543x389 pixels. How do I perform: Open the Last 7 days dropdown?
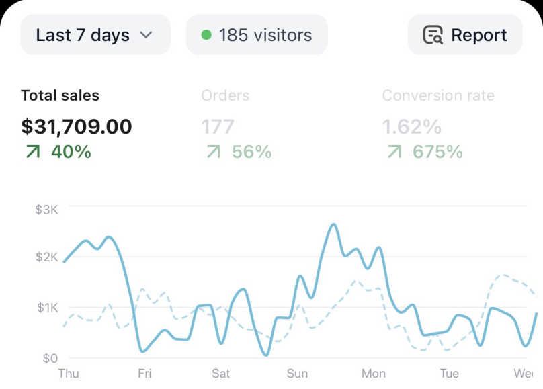pos(95,35)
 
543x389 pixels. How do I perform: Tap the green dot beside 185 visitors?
pos(206,35)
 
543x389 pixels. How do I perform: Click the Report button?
pos(465,35)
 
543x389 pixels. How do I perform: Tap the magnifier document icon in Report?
pos(433,35)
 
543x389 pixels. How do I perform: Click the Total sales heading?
pos(60,95)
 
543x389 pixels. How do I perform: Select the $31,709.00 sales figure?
pos(77,126)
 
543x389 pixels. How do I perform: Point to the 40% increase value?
pos(71,152)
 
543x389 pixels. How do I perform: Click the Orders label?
pos(225,95)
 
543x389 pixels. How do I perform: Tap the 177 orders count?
pos(218,126)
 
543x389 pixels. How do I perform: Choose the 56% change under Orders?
pos(252,152)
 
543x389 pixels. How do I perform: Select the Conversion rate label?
pos(438,95)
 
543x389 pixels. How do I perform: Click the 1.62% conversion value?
pos(412,126)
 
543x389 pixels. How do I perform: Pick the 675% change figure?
pos(437,152)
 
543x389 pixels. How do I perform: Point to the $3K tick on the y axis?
pos(47,210)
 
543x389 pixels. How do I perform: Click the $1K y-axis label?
pos(48,307)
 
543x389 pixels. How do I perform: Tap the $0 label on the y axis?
pos(50,358)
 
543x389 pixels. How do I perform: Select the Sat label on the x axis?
pos(220,374)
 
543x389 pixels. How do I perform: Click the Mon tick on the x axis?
pos(374,374)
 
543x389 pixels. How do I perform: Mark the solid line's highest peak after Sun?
pos(334,224)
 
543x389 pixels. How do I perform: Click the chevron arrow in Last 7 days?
pos(146,35)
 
